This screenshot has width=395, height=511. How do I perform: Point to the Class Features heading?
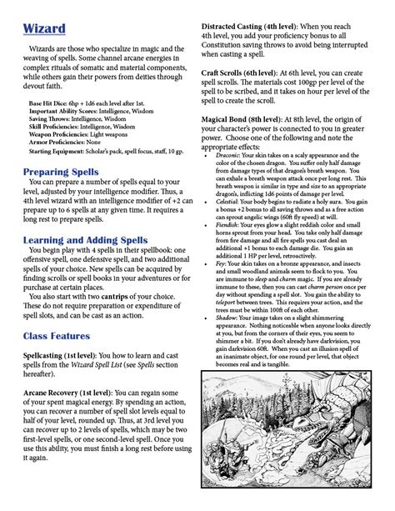(x=57, y=336)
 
